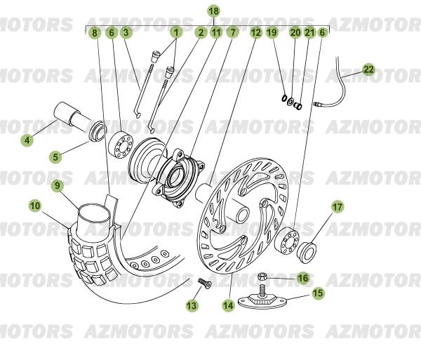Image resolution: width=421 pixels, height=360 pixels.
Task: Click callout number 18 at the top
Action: click(x=214, y=11)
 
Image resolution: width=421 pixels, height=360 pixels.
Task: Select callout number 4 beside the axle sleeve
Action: click(x=27, y=140)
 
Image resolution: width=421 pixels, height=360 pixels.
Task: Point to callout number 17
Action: click(x=338, y=207)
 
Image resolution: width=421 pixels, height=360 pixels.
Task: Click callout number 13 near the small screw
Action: click(x=192, y=305)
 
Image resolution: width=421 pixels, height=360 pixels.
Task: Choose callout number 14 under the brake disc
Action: click(x=228, y=305)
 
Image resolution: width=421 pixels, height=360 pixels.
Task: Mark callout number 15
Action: click(x=318, y=293)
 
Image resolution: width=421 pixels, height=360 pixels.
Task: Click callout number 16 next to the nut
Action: click(x=302, y=278)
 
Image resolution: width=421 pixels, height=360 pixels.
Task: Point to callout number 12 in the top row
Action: click(x=255, y=32)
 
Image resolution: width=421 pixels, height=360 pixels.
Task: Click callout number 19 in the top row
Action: click(x=272, y=32)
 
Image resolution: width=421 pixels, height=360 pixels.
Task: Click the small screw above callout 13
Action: click(x=203, y=282)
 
